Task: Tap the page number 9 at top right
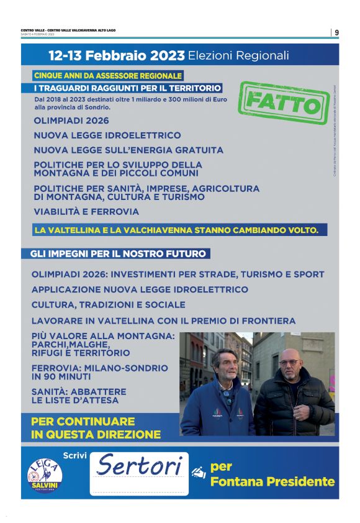336,32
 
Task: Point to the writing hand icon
199,472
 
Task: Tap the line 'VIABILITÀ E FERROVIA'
86,212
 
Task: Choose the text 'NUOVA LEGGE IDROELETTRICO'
107,135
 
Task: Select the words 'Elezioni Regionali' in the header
238,55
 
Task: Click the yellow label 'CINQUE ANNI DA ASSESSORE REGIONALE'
108,76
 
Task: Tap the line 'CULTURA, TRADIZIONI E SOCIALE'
108,305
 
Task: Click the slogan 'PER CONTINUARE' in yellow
83,422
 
